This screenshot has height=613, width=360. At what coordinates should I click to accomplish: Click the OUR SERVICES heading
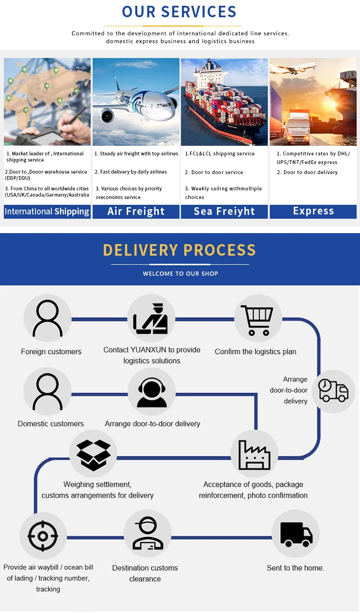tap(179, 12)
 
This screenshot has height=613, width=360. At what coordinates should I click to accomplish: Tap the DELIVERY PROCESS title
tap(180, 250)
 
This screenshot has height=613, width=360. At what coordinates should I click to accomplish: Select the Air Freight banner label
tap(136, 212)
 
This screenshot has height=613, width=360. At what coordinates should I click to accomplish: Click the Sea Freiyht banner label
tap(224, 212)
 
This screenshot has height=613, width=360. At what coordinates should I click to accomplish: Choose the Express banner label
tap(313, 211)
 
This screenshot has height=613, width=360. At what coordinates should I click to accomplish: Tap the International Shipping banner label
tap(47, 212)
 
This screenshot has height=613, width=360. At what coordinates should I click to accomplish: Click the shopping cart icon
tap(257, 319)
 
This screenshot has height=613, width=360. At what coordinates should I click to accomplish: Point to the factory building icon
tap(254, 454)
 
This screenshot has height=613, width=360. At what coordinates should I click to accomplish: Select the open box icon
tap(94, 454)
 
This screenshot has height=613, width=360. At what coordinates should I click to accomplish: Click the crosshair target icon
tap(43, 535)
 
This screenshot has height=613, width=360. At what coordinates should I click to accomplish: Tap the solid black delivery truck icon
tap(296, 534)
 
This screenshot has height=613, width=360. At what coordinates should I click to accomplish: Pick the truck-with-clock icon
tap(333, 391)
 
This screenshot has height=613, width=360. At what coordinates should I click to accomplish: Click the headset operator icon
tap(152, 392)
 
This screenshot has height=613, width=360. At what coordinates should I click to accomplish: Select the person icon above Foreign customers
tap(47, 318)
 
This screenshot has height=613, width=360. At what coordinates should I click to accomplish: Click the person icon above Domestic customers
tap(47, 392)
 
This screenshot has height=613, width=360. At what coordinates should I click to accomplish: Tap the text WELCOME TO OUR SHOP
tap(180, 274)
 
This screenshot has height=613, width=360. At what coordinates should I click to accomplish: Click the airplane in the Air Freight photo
tap(137, 101)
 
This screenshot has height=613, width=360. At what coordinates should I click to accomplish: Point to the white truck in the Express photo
tap(299, 128)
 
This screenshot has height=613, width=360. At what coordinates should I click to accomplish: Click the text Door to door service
tap(217, 172)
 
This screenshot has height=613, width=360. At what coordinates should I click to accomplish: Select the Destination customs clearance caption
tap(145, 573)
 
